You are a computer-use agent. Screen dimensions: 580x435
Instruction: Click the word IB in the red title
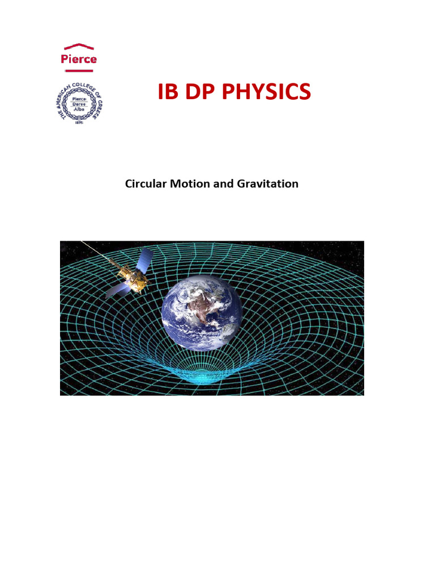tap(168, 92)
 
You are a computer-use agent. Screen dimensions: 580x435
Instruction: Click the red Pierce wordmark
tap(79, 59)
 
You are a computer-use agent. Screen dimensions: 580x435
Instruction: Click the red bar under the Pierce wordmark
tap(79, 70)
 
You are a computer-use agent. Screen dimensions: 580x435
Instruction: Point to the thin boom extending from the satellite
tap(96, 251)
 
